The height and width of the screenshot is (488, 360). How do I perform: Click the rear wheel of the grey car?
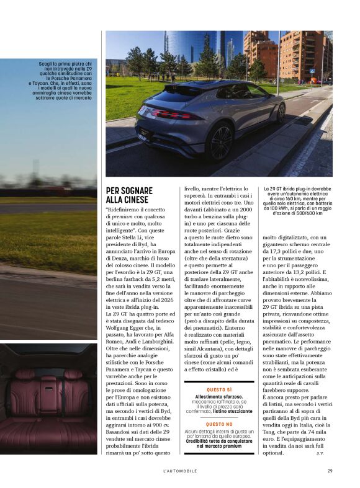pos(219,140)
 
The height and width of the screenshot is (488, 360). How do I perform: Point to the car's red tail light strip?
pos(177,115)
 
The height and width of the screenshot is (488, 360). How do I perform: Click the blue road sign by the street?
pos(312,71)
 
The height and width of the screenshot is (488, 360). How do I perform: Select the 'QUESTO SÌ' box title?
pos(219,390)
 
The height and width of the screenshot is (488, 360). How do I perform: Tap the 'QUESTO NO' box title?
pos(219,425)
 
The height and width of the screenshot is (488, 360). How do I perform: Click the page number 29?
pos(330,471)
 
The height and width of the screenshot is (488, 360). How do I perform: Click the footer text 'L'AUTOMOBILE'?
pos(180,471)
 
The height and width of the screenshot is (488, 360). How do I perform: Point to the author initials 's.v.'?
pos(320,453)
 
